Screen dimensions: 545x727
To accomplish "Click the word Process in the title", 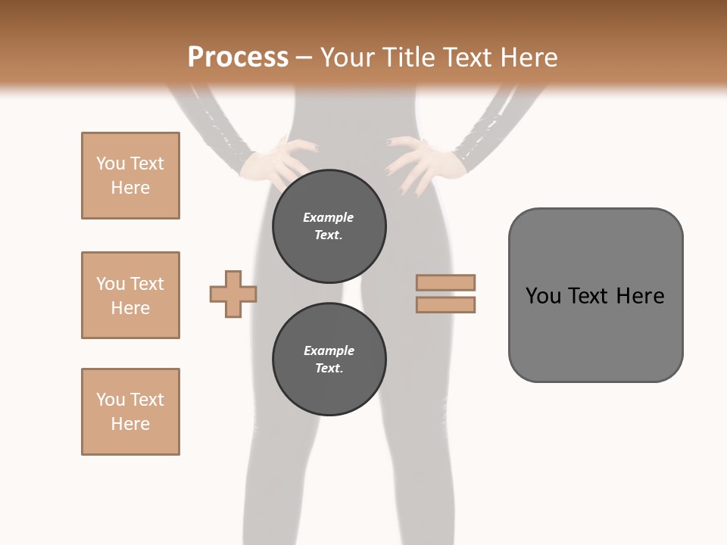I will tap(238, 58).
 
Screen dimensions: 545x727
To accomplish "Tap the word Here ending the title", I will tap(529, 58).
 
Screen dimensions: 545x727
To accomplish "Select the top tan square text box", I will tap(130, 176).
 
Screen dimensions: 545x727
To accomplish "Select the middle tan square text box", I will tap(130, 295).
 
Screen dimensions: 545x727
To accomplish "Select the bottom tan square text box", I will tap(130, 412).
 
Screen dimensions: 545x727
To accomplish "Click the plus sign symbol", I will tap(233, 294).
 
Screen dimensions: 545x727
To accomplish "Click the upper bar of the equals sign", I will tap(445, 282).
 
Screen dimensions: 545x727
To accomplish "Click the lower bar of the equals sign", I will tap(445, 305).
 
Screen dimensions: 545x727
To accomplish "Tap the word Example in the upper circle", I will tap(328, 217).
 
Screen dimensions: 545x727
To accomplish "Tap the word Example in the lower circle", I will tap(329, 350).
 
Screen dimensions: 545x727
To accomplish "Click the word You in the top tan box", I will tap(111, 163).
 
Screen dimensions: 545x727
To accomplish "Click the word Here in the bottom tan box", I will tap(130, 424).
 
